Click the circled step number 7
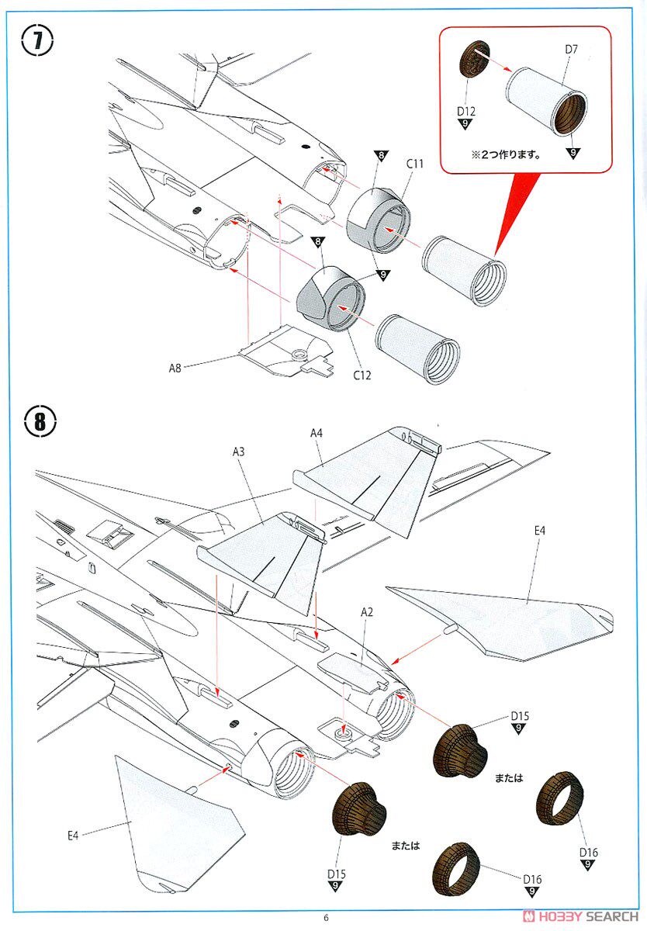[x=37, y=40]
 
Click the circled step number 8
[x=40, y=421]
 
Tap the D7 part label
[x=571, y=50]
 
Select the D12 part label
[x=465, y=112]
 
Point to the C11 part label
[x=414, y=164]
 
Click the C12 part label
[x=362, y=376]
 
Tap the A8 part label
[x=175, y=368]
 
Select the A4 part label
[x=317, y=433]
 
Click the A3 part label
[x=238, y=452]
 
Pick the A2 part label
[x=366, y=612]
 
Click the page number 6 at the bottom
[x=326, y=918]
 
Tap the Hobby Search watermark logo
[x=580, y=916]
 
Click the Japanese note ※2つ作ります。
[x=506, y=155]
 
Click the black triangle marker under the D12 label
[x=465, y=124]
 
